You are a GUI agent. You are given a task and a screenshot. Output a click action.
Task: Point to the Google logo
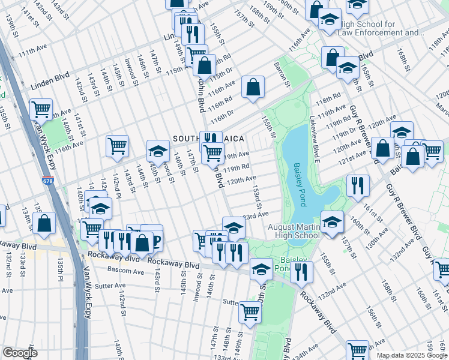click(x=20, y=353)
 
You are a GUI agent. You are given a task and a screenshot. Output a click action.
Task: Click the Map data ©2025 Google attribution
click(x=412, y=355)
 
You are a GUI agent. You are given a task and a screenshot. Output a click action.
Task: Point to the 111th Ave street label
click(x=32, y=53)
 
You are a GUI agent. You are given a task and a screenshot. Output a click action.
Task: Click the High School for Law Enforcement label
click(x=378, y=28)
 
